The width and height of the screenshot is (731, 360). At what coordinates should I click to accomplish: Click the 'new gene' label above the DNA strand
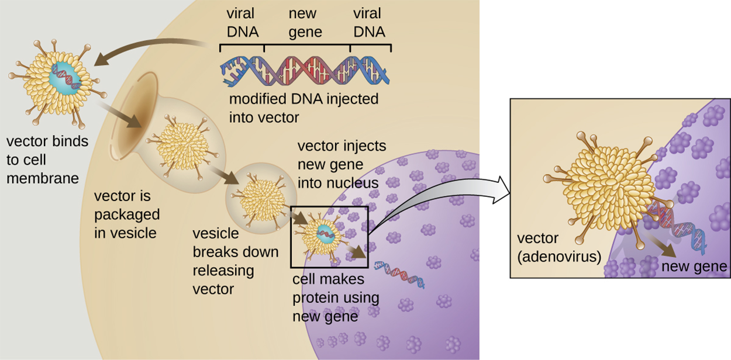tap(305, 22)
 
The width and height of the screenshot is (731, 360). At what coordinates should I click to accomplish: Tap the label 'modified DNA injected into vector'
tap(304, 108)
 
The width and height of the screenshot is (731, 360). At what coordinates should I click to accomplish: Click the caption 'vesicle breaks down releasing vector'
tap(222, 261)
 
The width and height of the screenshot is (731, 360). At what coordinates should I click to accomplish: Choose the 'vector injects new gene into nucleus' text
tap(342, 164)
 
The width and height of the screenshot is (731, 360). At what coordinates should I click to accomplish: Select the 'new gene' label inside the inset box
tap(694, 267)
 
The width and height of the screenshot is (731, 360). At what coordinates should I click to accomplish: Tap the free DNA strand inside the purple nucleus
tap(399, 274)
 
